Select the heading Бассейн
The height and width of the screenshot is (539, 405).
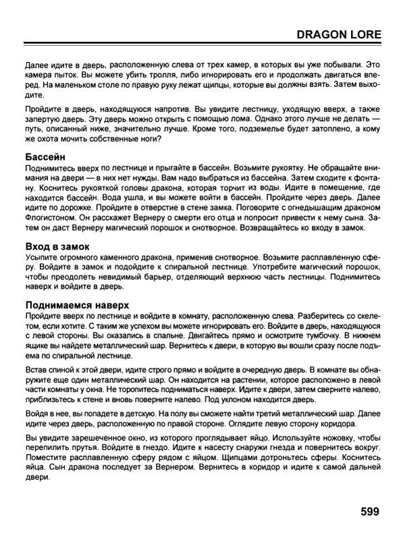tap(45, 157)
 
